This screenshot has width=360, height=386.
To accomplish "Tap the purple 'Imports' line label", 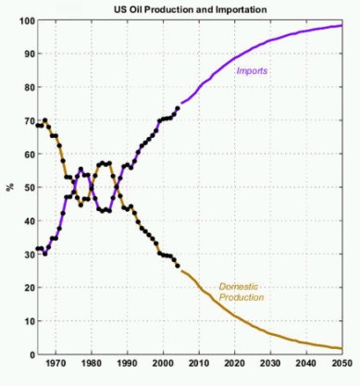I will [x=252, y=70].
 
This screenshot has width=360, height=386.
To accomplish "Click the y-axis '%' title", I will [x=10, y=187].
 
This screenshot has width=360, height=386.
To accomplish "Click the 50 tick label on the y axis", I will [x=27, y=187].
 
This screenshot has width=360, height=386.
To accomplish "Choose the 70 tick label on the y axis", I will [x=27, y=120].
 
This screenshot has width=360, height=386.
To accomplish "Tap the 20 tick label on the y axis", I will [x=27, y=287].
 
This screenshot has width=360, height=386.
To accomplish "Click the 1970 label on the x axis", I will [x=56, y=364].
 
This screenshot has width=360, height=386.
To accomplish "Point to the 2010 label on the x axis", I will [x=199, y=364].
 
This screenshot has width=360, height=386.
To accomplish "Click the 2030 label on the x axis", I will [x=270, y=364].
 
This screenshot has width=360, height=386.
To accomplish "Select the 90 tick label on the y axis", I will [x=27, y=54].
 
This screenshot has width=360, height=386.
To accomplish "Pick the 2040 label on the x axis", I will [x=306, y=364].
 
